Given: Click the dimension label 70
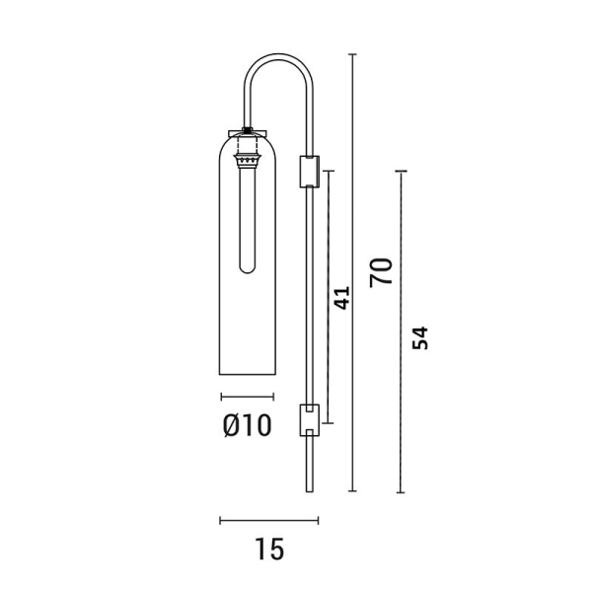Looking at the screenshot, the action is pos(381,272).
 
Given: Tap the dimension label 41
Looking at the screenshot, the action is pos(342,298).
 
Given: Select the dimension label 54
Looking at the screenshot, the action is pos(420,337).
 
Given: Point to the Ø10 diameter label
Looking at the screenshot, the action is pos(248,425).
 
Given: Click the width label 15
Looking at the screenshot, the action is pos(269,549).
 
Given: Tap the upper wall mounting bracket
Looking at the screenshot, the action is pos(310,172).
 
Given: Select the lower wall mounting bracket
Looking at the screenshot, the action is pos(310,420).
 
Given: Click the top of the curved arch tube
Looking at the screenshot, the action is pos(278,55).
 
